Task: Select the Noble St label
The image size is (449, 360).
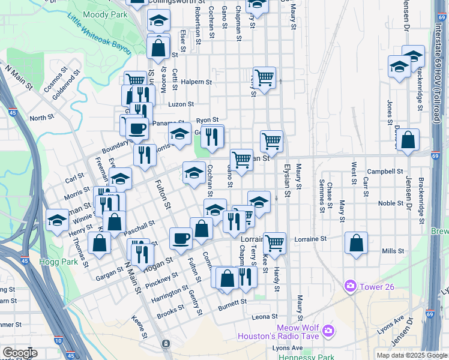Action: click(x=391, y=203)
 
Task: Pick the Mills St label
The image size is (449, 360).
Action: click(x=393, y=251)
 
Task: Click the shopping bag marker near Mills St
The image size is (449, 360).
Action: click(x=357, y=243)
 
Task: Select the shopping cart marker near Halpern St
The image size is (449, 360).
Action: click(x=264, y=77)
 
